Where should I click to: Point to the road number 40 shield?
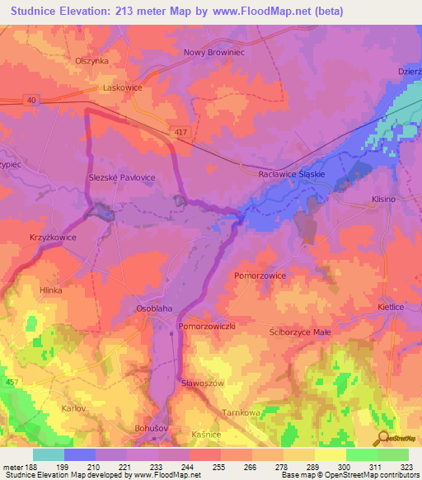(31, 100)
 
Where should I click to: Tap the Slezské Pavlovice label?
(122, 177)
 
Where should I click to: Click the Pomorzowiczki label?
(208, 327)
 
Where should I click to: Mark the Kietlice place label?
(391, 307)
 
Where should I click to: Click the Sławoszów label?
(202, 384)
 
